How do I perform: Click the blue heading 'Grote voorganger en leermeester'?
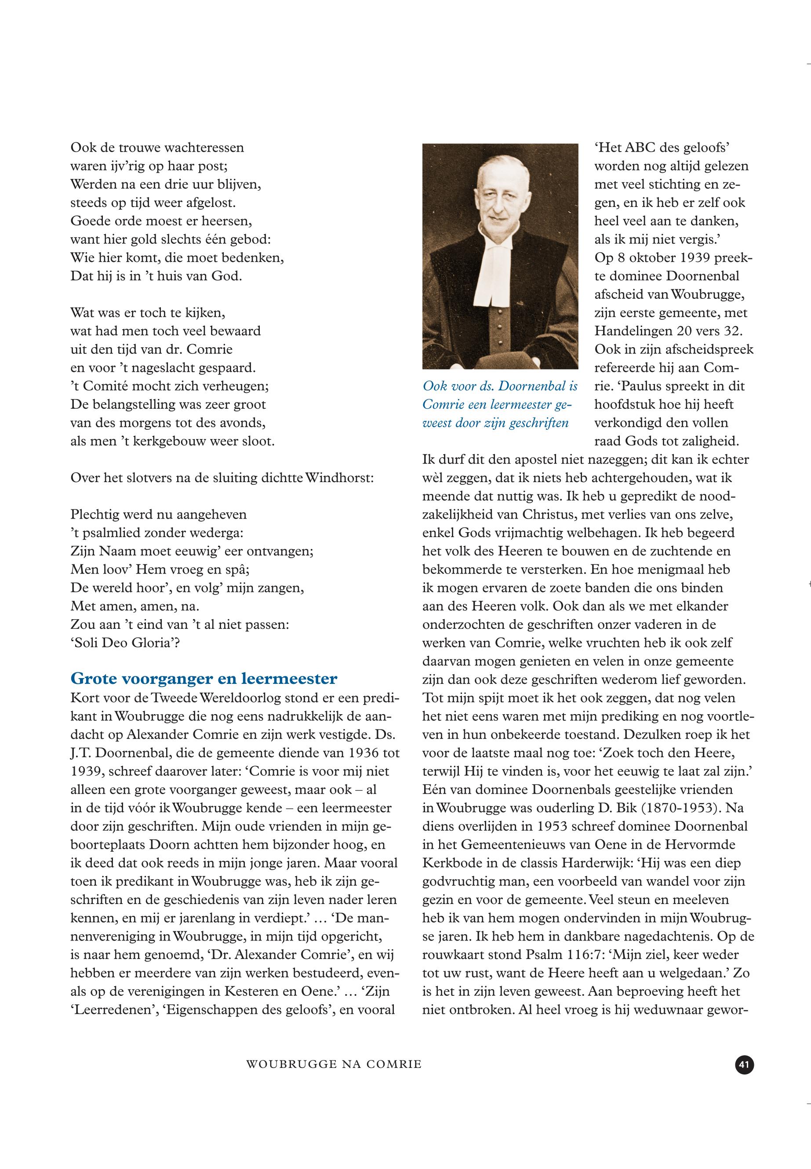point(204,679)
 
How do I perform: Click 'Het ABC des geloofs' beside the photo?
point(662,147)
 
